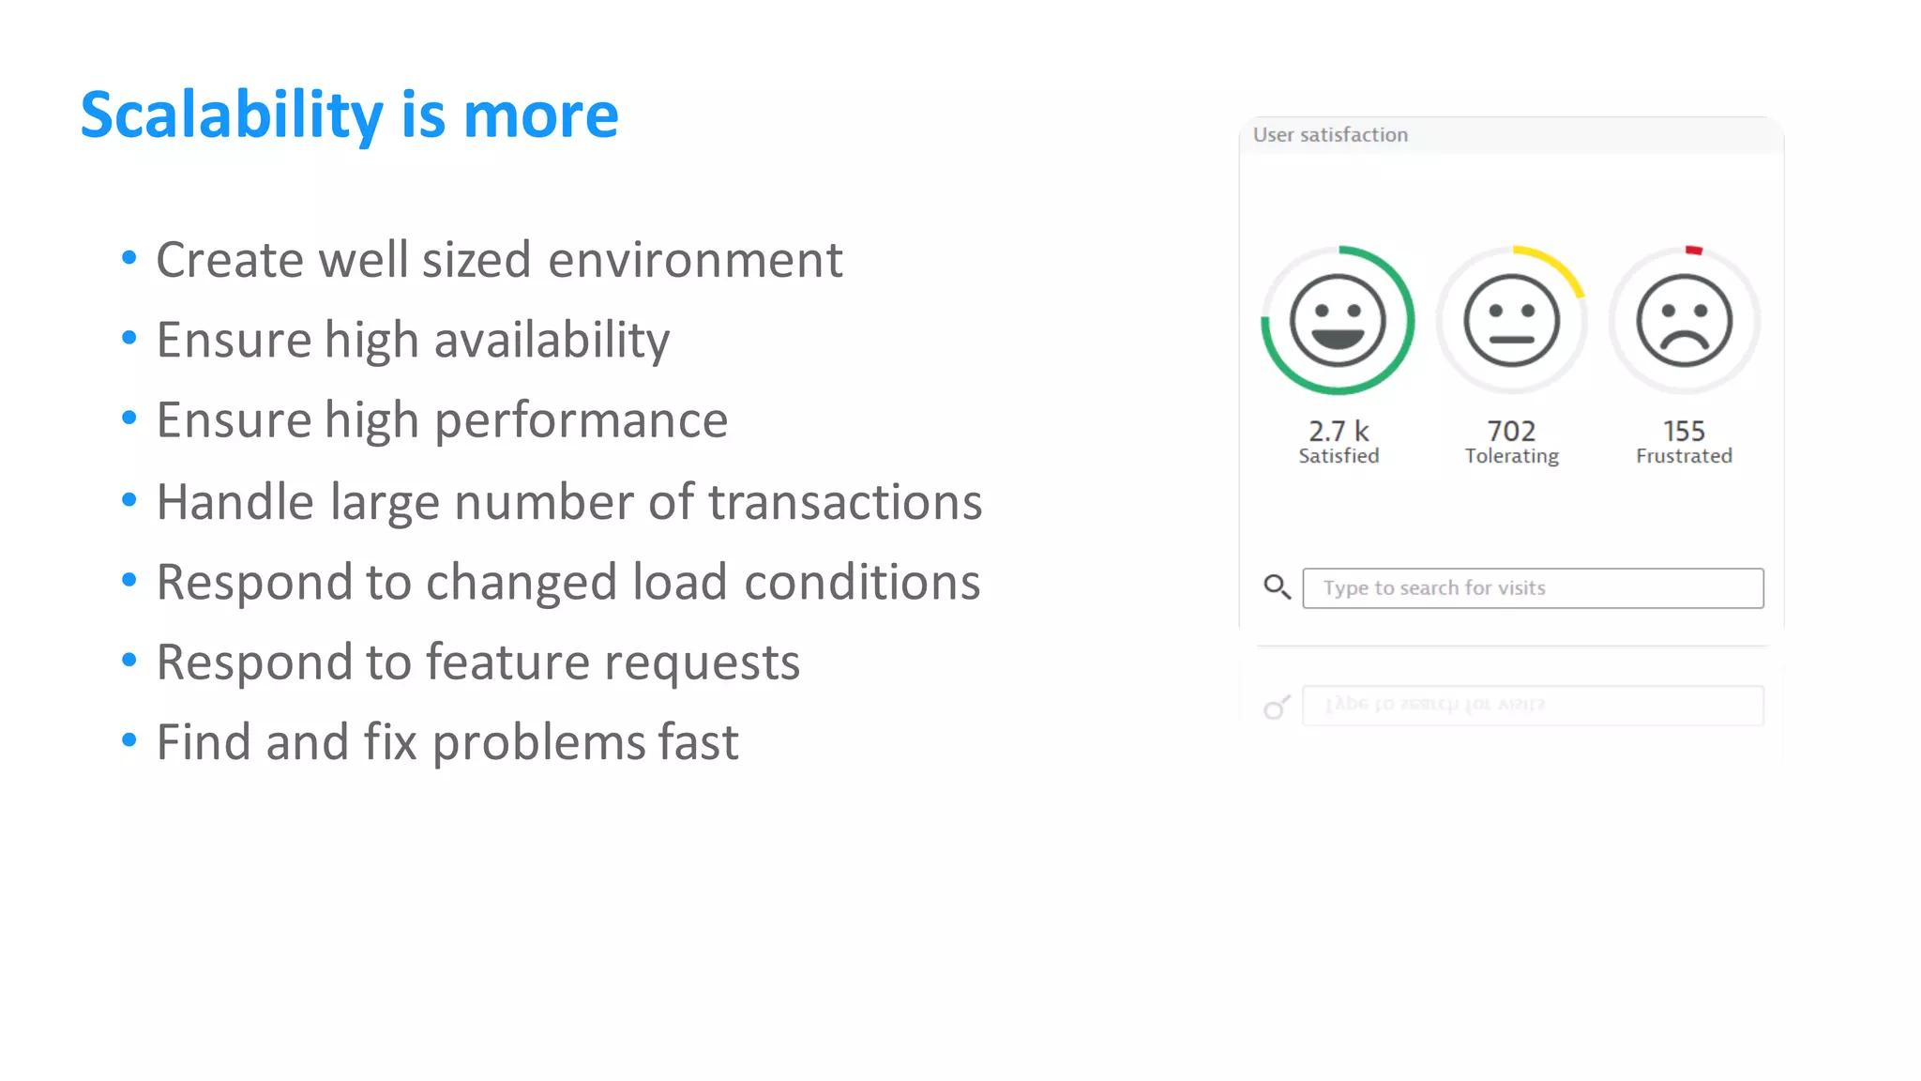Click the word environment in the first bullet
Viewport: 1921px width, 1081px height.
coord(695,260)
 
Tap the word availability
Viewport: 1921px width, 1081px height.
coord(552,340)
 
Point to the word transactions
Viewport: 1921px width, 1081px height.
coord(844,502)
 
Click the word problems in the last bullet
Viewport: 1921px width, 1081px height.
coord(538,742)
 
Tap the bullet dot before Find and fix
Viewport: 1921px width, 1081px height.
coord(129,740)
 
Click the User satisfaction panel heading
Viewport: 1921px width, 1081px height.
coord(1330,135)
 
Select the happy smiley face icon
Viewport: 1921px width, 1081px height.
coord(1338,321)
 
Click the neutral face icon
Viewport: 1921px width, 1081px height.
coord(1511,321)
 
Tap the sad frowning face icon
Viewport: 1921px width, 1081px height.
coord(1684,321)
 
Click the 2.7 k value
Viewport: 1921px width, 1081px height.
coord(1339,431)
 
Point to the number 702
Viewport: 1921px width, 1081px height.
coord(1511,431)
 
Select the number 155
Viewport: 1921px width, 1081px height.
coord(1684,431)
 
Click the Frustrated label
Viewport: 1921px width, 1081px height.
coord(1684,456)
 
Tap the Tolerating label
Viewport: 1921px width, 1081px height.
coord(1511,456)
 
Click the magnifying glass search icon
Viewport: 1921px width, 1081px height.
coord(1277,587)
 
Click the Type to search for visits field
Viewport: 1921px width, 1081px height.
coord(1533,588)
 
